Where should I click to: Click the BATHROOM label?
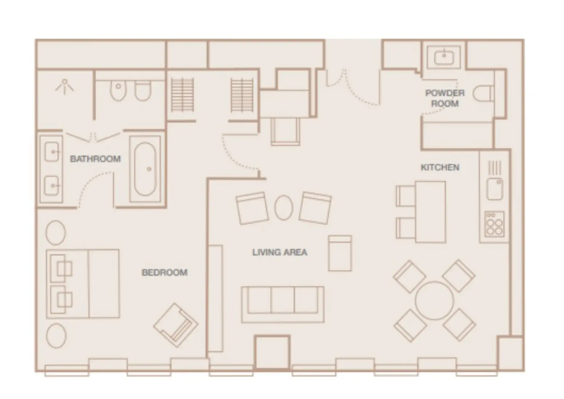tap(95, 159)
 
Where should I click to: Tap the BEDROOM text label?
tap(165, 272)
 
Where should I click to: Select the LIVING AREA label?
tap(279, 252)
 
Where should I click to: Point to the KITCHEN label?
tap(440, 167)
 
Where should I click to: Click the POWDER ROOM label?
tap(445, 98)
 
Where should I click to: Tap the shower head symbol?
tap(65, 86)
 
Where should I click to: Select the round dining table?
tap(435, 300)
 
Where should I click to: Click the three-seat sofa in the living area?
tap(283, 304)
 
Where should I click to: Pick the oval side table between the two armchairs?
tap(284, 207)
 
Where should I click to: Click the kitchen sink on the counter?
tap(495, 189)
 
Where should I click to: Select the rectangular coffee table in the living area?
tap(340, 253)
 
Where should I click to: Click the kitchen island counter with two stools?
tap(431, 212)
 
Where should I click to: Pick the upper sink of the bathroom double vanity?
tap(52, 152)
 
